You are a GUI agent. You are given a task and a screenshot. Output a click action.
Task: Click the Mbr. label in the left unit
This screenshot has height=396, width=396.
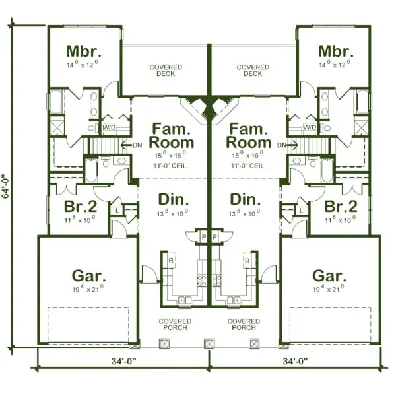84,51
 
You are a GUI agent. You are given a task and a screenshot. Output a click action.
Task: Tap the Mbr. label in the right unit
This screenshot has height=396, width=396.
335,51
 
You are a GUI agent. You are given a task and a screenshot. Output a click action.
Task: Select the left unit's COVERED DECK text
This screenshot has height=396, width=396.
166,71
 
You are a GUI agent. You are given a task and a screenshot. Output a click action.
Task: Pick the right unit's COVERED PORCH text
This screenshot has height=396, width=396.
244,325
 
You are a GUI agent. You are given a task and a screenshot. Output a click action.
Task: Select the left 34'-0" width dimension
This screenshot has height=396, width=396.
123,361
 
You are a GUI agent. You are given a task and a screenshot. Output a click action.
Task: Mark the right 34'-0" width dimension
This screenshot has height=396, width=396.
294,361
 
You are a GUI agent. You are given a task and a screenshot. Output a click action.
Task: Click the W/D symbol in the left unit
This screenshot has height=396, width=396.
109,126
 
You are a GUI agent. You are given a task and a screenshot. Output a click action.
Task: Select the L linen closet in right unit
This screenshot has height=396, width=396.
300,210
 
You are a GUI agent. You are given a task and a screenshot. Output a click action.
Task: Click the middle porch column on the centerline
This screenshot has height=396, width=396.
209,344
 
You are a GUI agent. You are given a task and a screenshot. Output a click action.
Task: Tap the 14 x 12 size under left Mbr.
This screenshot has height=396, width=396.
84,65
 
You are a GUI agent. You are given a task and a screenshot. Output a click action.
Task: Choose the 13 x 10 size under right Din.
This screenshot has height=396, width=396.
249,214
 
